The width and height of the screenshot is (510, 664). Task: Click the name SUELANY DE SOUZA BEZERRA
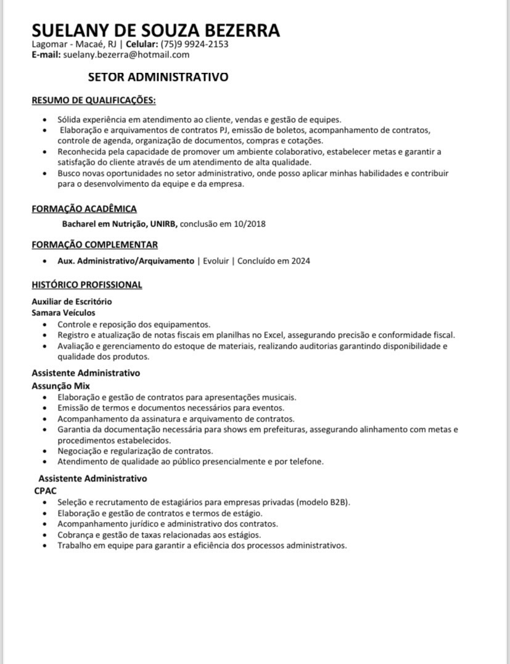tap(155, 30)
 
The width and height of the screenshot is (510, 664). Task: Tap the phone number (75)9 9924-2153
tap(194, 44)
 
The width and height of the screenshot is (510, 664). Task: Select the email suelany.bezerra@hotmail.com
tap(126, 54)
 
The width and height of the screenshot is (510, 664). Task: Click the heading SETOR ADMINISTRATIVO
tap(158, 77)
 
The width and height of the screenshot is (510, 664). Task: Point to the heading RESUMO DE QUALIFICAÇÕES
tap(94, 100)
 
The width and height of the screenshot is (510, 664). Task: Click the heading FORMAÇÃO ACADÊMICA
tap(84, 209)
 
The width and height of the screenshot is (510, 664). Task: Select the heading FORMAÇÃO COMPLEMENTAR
tap(95, 244)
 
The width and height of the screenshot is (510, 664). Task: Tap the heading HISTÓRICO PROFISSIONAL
tap(87, 284)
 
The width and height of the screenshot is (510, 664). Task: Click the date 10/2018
tap(250, 223)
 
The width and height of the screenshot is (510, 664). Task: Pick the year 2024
tap(301, 260)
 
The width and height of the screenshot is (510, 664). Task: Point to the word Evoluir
tap(216, 260)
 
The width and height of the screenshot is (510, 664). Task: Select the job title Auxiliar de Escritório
tap(72, 302)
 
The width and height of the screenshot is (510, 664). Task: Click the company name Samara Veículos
tap(64, 313)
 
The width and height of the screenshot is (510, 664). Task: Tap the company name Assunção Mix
tap(60, 386)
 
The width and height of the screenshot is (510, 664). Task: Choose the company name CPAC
tap(45, 491)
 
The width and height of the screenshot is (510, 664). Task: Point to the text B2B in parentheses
tap(339, 502)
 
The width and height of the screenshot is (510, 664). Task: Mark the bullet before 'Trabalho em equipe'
tap(44, 546)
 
